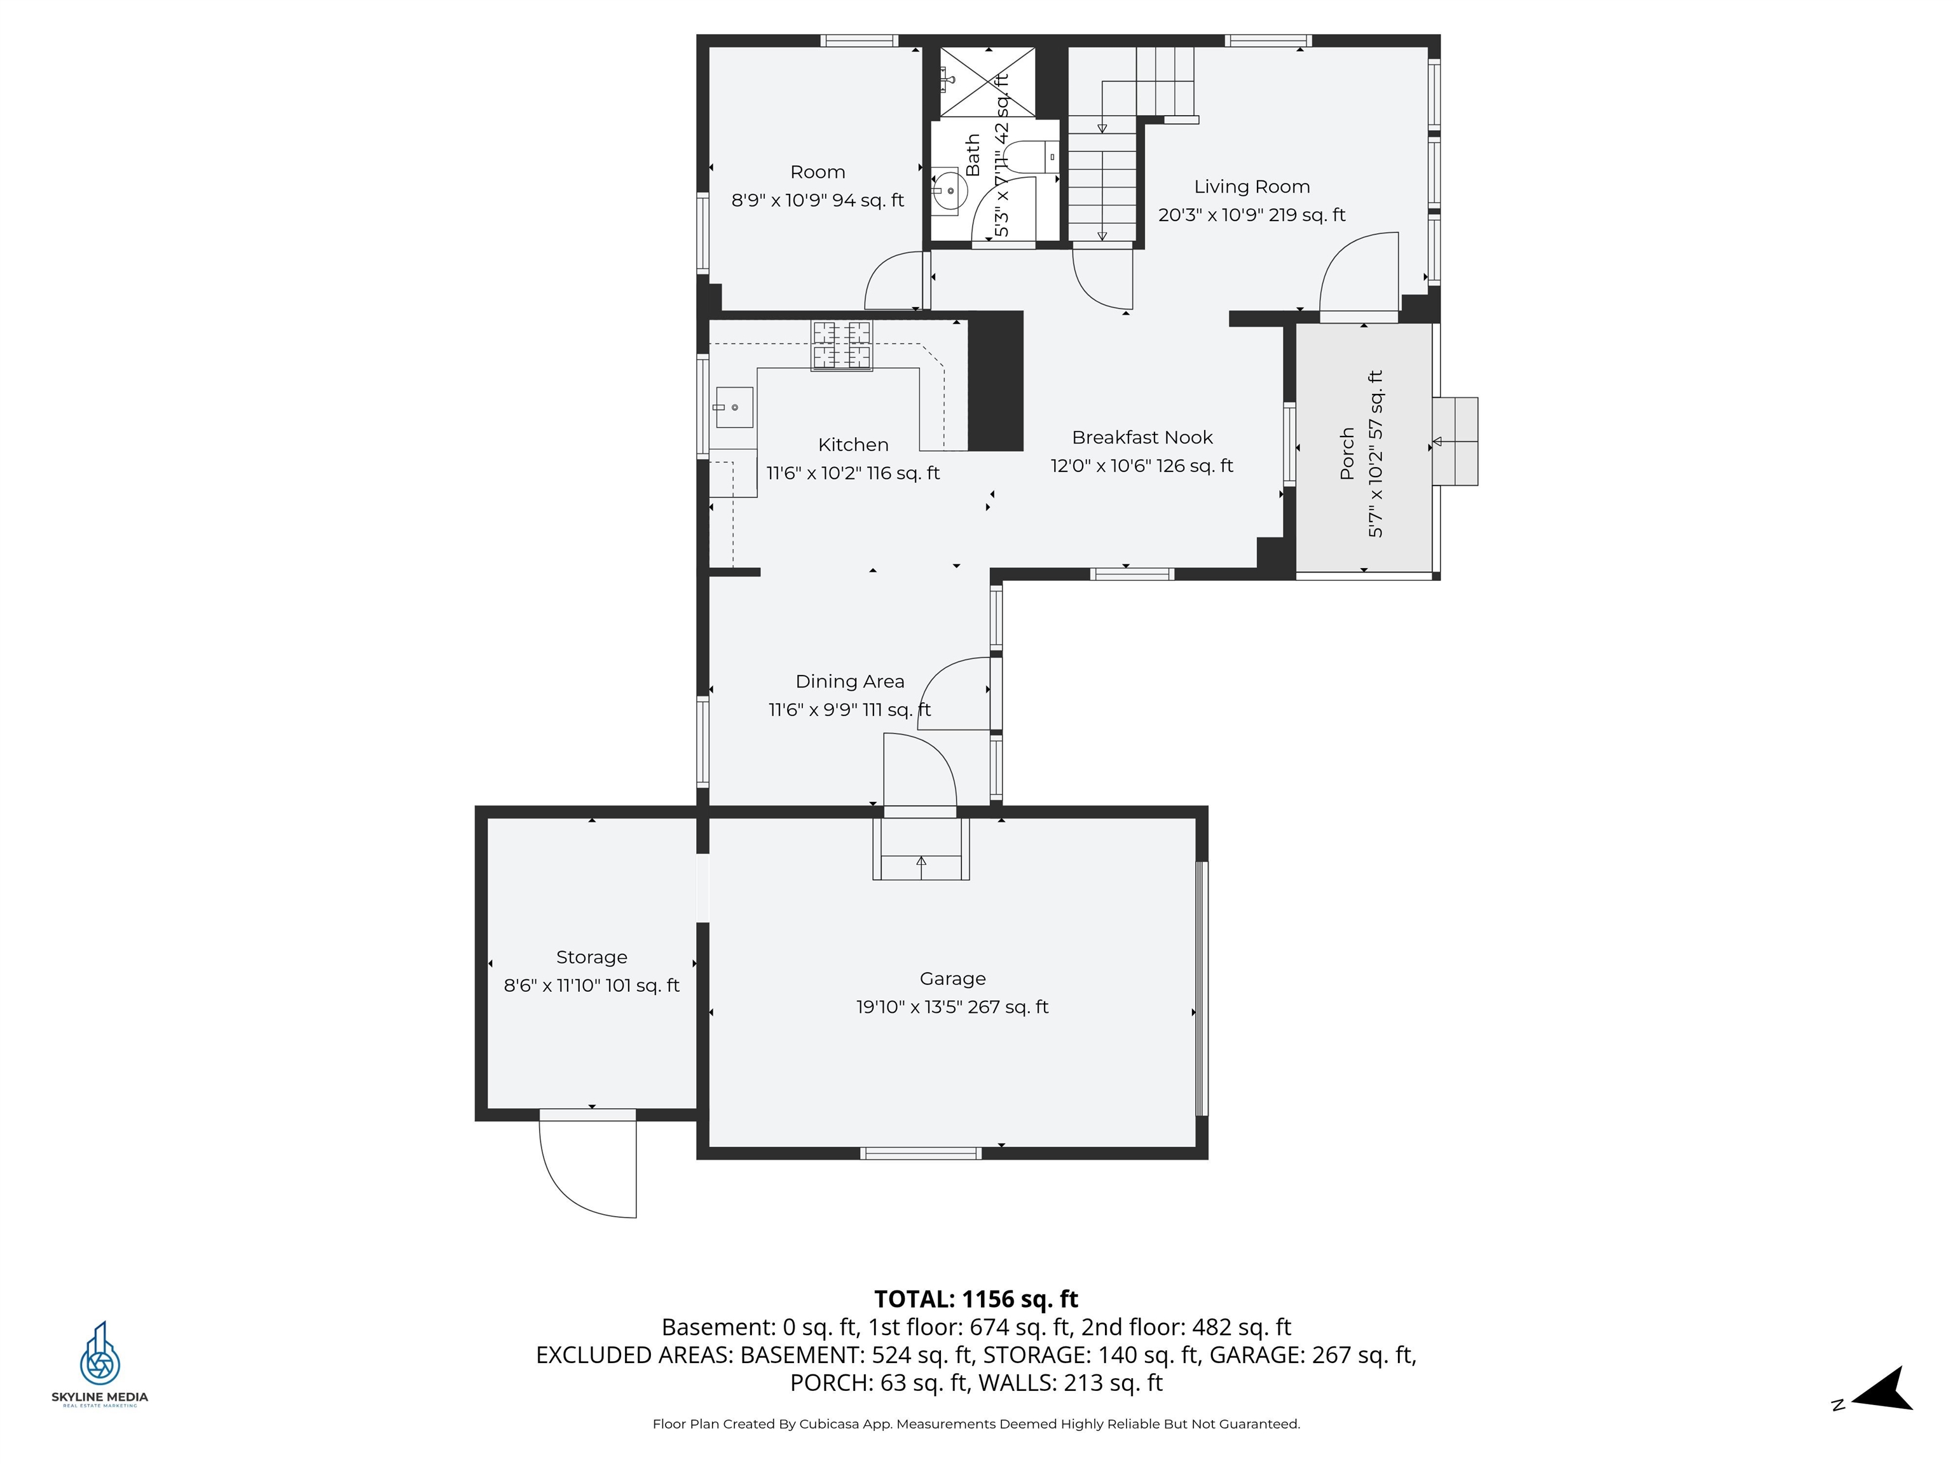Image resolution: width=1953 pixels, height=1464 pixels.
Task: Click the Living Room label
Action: coord(1251,187)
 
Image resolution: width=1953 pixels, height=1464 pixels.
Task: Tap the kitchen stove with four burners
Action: coord(842,345)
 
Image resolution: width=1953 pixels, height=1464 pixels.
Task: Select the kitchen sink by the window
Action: coord(734,408)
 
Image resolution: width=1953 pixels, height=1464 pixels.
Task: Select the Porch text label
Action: coord(1347,454)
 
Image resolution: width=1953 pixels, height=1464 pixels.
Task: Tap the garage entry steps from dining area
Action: coord(921,850)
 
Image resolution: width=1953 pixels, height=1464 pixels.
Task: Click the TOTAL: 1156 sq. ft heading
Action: coord(976,1299)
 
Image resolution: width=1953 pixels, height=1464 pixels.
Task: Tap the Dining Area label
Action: coord(849,681)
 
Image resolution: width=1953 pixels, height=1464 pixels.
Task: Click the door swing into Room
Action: coord(894,281)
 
